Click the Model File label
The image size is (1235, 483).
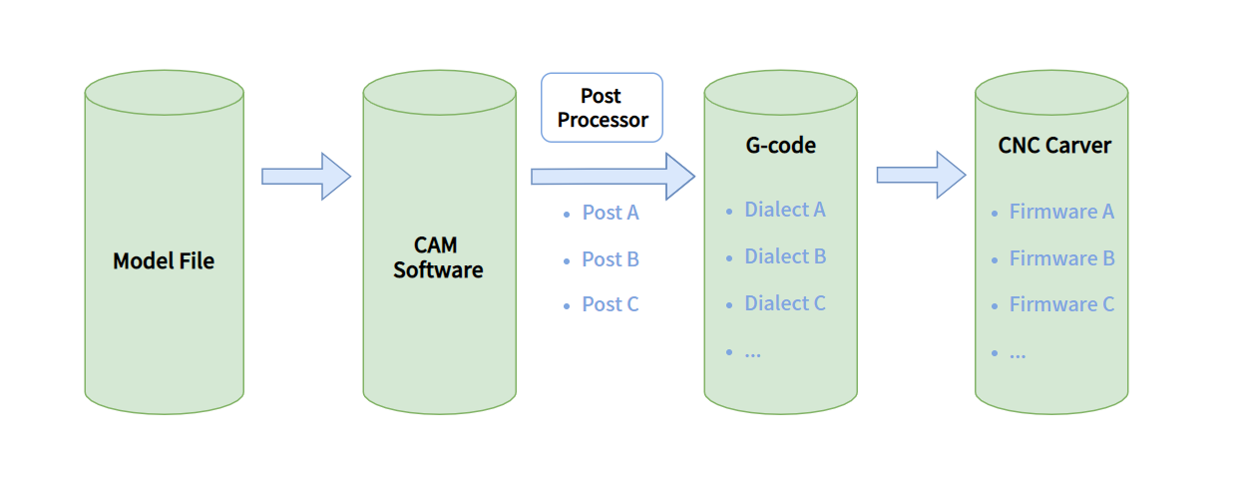(x=164, y=261)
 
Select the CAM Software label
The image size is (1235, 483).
(x=438, y=257)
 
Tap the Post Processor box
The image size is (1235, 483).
(x=602, y=108)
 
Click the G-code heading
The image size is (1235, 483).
(x=780, y=145)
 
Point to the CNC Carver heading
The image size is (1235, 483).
(x=1054, y=146)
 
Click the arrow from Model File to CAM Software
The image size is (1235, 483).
(x=305, y=177)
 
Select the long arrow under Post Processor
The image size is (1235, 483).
(x=611, y=177)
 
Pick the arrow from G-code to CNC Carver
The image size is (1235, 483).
(x=920, y=176)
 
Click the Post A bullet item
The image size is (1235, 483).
(x=610, y=213)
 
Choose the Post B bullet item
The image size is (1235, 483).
(x=610, y=259)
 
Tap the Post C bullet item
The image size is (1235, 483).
(x=610, y=304)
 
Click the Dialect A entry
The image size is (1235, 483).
(x=784, y=210)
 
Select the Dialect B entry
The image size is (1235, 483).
(x=784, y=256)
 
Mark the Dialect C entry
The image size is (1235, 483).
(x=784, y=303)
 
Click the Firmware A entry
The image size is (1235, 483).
(x=1061, y=212)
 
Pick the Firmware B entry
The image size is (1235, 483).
(x=1061, y=258)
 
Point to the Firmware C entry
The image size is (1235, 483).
(x=1061, y=304)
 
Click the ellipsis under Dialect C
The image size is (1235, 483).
(x=753, y=352)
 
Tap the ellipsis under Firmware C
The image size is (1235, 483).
(x=1018, y=353)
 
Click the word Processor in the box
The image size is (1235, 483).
(x=603, y=121)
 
